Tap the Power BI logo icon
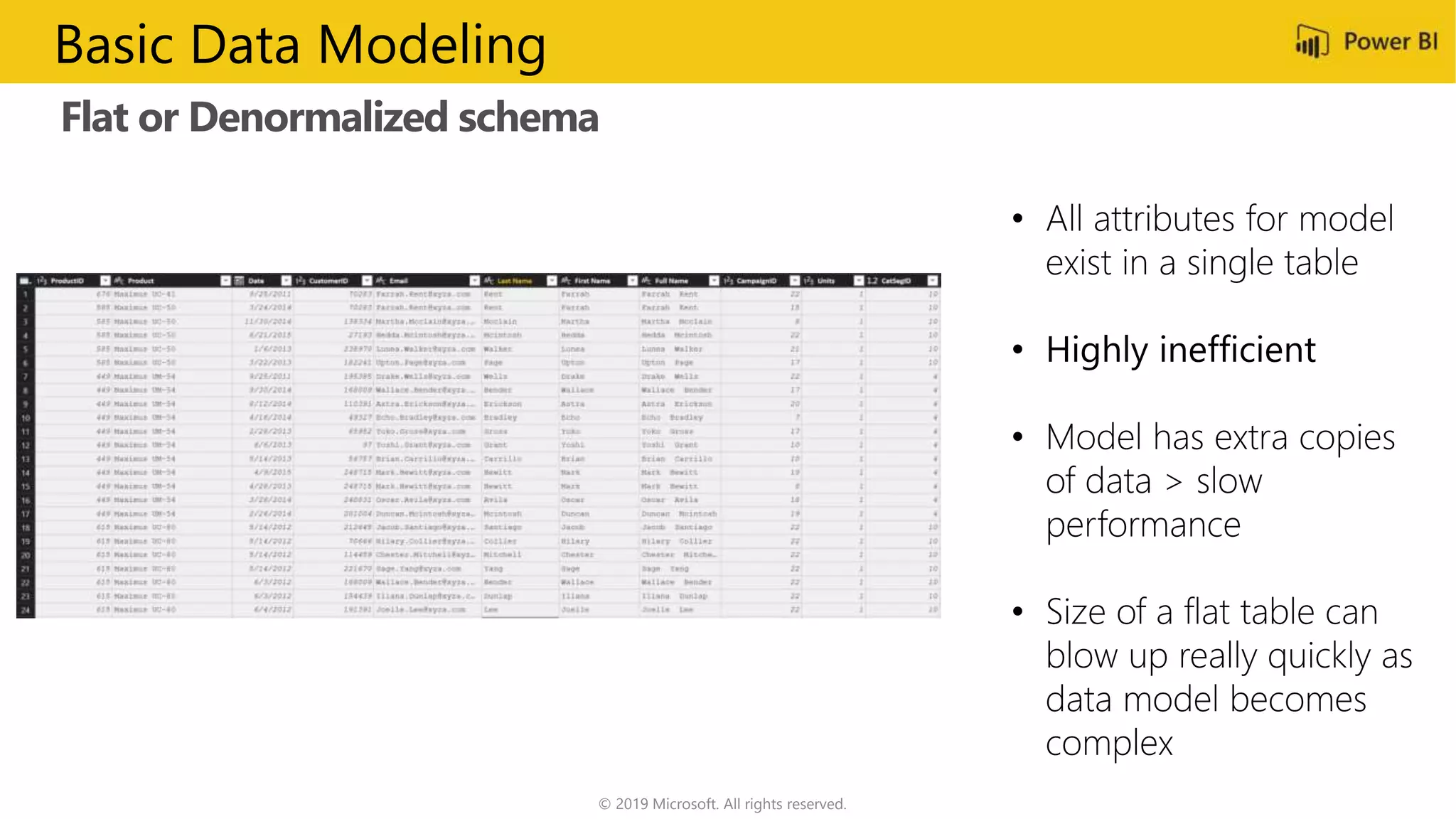(1312, 42)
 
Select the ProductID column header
(67, 281)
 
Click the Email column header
(398, 281)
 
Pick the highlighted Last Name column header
(514, 281)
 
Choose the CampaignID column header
(756, 281)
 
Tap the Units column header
(825, 281)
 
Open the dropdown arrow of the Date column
(287, 281)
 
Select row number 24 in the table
(26, 610)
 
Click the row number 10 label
(26, 418)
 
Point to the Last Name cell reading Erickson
(503, 404)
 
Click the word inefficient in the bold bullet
(1237, 350)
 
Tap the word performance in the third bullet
(1142, 525)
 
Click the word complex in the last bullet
(1108, 744)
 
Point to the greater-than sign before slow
(1174, 482)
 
